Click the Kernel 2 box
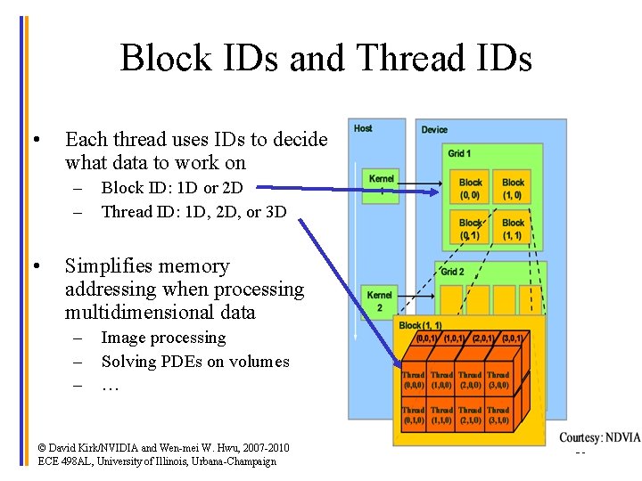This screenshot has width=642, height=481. point(380,301)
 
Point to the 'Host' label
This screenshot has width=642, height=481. point(363,128)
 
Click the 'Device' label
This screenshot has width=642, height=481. point(434,129)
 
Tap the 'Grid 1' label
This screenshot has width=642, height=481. point(459,153)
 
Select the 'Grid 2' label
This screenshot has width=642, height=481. point(453,272)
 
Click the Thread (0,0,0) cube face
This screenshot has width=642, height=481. point(414,380)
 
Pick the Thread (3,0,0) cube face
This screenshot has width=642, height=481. point(498,380)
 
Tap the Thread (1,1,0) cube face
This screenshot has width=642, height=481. point(441,415)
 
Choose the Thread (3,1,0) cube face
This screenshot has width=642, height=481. point(498,415)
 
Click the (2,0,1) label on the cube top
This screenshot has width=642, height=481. point(485,338)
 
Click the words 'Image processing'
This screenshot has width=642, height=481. point(163,338)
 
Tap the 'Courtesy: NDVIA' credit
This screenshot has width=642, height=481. point(599,437)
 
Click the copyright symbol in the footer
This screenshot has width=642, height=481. point(42,447)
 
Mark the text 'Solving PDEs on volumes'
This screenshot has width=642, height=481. point(195,362)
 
